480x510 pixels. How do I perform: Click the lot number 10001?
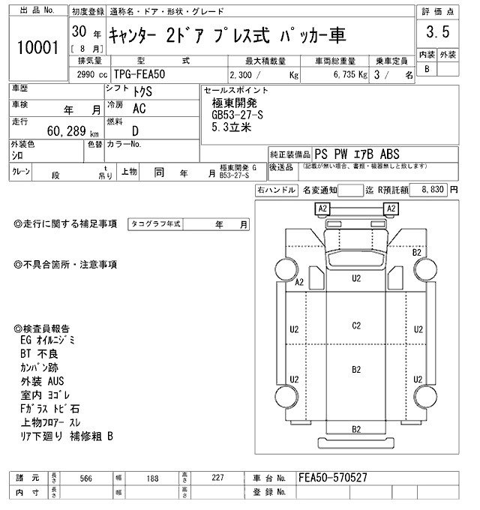(37, 47)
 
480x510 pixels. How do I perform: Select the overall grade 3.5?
(438, 32)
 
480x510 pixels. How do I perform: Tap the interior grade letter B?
(427, 69)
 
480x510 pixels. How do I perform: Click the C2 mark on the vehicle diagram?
(357, 325)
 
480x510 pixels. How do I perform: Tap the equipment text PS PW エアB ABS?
(359, 152)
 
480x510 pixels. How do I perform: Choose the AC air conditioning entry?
(139, 108)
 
